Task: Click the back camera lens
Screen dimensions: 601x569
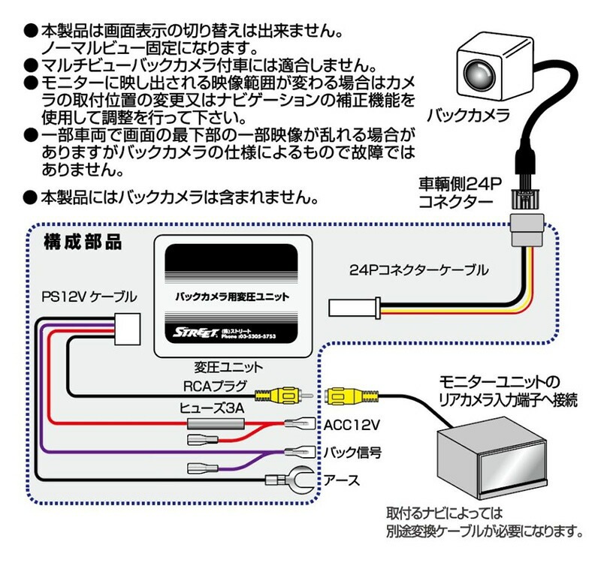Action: pyautogui.click(x=479, y=73)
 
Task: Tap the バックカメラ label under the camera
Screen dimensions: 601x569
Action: pyautogui.click(x=467, y=116)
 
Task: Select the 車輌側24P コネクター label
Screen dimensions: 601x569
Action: pyautogui.click(x=460, y=192)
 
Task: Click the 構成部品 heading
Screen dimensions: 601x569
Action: pyautogui.click(x=83, y=242)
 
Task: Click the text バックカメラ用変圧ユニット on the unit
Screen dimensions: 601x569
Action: pyautogui.click(x=232, y=297)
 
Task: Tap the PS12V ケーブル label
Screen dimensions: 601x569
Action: pyautogui.click(x=89, y=297)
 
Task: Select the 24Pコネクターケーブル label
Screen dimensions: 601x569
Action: pyautogui.click(x=419, y=270)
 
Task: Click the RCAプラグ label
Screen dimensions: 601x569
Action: pyautogui.click(x=216, y=386)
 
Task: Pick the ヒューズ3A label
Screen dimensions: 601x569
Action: pyautogui.click(x=212, y=408)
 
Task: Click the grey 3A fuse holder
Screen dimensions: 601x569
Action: pyautogui.click(x=216, y=424)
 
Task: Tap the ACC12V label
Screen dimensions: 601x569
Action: pyautogui.click(x=352, y=425)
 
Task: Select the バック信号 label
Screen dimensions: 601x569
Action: pyautogui.click(x=352, y=452)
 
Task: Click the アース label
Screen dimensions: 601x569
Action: pyautogui.click(x=342, y=480)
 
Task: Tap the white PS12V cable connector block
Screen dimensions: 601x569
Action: pyautogui.click(x=127, y=329)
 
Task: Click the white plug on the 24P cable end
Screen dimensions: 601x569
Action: pyautogui.click(x=354, y=308)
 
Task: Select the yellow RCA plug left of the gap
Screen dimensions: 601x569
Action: pyautogui.click(x=284, y=396)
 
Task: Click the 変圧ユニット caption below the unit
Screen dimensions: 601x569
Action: pyautogui.click(x=228, y=367)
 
